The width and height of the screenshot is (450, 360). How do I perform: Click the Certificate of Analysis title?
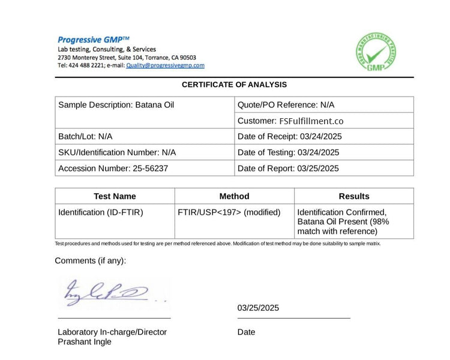234,85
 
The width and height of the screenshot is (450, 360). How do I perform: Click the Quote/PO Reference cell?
286,104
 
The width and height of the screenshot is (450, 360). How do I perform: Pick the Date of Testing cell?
289,152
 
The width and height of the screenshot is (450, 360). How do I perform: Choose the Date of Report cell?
288,168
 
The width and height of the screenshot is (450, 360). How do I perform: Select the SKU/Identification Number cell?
117,152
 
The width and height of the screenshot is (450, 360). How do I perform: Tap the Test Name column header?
115,196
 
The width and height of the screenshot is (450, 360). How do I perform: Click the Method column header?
234,196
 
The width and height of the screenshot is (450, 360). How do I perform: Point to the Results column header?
354,196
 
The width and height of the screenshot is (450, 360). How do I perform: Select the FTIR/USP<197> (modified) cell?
229,212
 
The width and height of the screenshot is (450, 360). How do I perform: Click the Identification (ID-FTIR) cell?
101,212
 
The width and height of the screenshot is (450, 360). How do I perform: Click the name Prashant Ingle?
85,342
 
